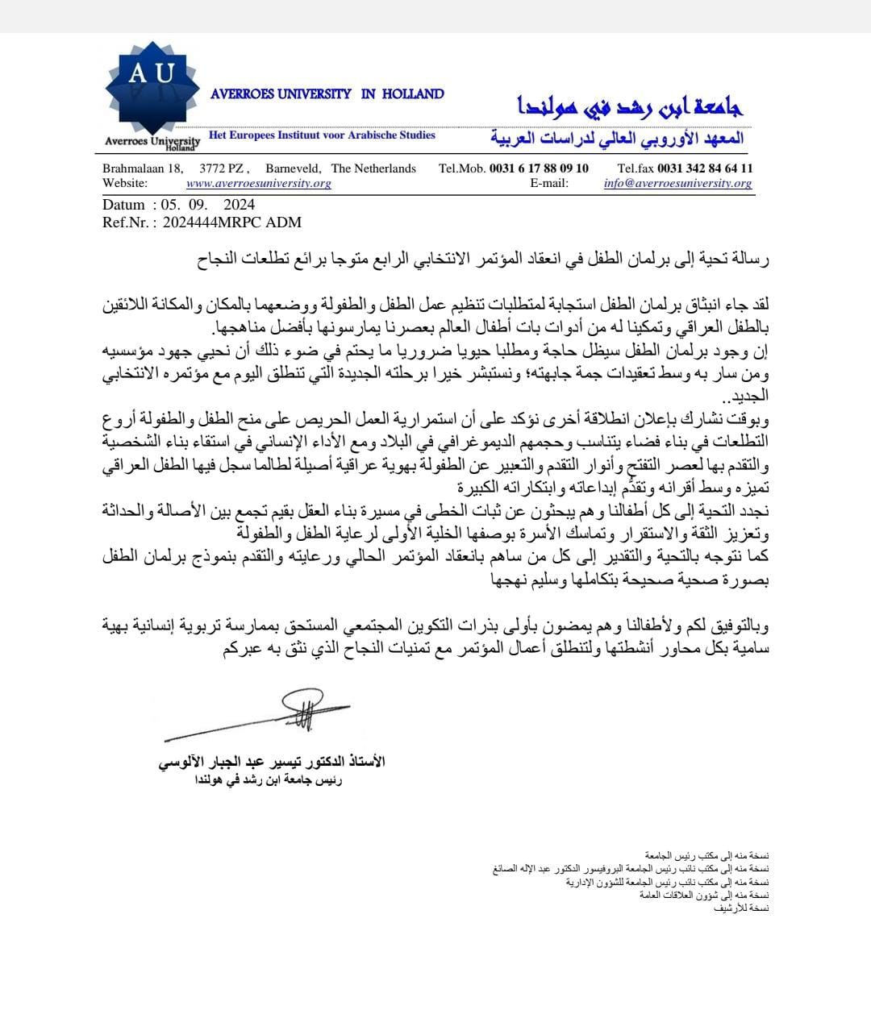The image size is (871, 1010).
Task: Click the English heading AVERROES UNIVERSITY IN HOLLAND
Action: click(x=327, y=94)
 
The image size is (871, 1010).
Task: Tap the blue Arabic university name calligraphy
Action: click(x=629, y=106)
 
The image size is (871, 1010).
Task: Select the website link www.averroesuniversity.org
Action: click(x=259, y=183)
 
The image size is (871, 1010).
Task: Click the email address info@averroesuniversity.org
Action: click(x=677, y=183)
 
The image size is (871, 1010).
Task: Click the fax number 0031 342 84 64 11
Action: click(x=705, y=168)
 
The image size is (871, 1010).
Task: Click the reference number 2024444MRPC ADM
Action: click(x=232, y=222)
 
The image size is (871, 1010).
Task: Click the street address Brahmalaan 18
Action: click(x=142, y=168)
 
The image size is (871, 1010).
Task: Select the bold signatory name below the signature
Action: click(x=272, y=762)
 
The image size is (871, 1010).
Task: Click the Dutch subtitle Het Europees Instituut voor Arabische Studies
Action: click(x=322, y=135)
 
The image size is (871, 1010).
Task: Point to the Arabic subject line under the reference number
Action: click(x=483, y=260)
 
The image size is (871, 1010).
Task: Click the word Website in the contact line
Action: click(x=125, y=183)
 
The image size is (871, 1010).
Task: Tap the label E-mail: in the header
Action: click(x=549, y=183)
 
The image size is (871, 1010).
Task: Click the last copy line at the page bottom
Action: click(x=742, y=908)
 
